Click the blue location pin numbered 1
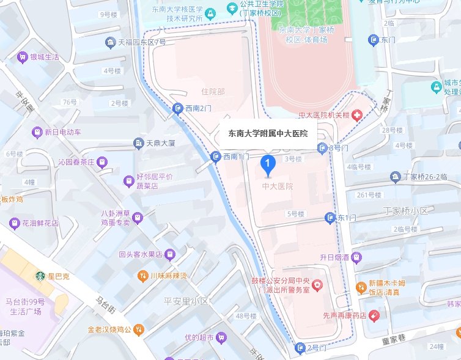267,163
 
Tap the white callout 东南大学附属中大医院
268,133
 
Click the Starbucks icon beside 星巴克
41,276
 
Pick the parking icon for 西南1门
215,157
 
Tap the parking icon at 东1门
331,218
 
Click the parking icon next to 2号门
300,348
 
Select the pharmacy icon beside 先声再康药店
374,315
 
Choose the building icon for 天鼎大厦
138,143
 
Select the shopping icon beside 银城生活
23,57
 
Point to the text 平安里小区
186,301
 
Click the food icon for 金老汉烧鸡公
139,329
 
